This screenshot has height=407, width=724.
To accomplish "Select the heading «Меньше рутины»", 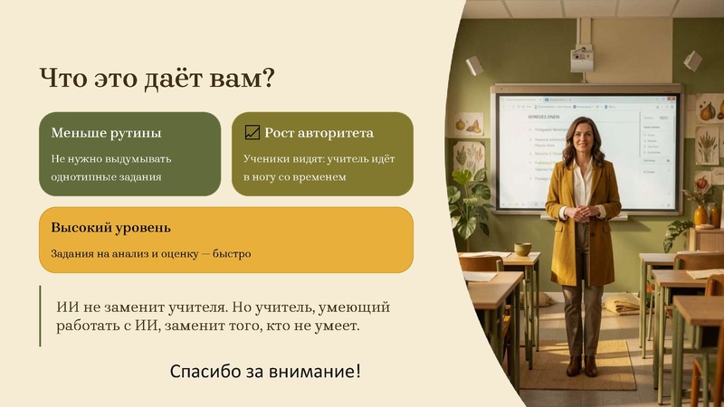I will [106, 133].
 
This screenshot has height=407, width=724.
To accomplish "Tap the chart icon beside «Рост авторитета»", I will [252, 133].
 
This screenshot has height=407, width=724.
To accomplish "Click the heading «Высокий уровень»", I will [110, 228].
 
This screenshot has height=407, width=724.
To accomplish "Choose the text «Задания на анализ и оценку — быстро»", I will [151, 253].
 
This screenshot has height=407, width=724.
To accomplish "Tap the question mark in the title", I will [267, 79].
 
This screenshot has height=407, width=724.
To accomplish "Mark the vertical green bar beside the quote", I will [41, 316].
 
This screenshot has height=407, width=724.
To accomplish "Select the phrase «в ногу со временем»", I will [295, 176].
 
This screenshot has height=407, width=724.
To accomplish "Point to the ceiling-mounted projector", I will [582, 58].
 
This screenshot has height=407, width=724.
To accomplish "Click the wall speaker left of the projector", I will [474, 65].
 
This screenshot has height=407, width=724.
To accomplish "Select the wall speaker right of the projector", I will [692, 61].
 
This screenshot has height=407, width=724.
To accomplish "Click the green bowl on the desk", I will [523, 249].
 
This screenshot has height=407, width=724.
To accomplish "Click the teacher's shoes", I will [581, 365].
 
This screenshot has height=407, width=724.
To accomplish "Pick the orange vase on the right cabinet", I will [700, 214].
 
